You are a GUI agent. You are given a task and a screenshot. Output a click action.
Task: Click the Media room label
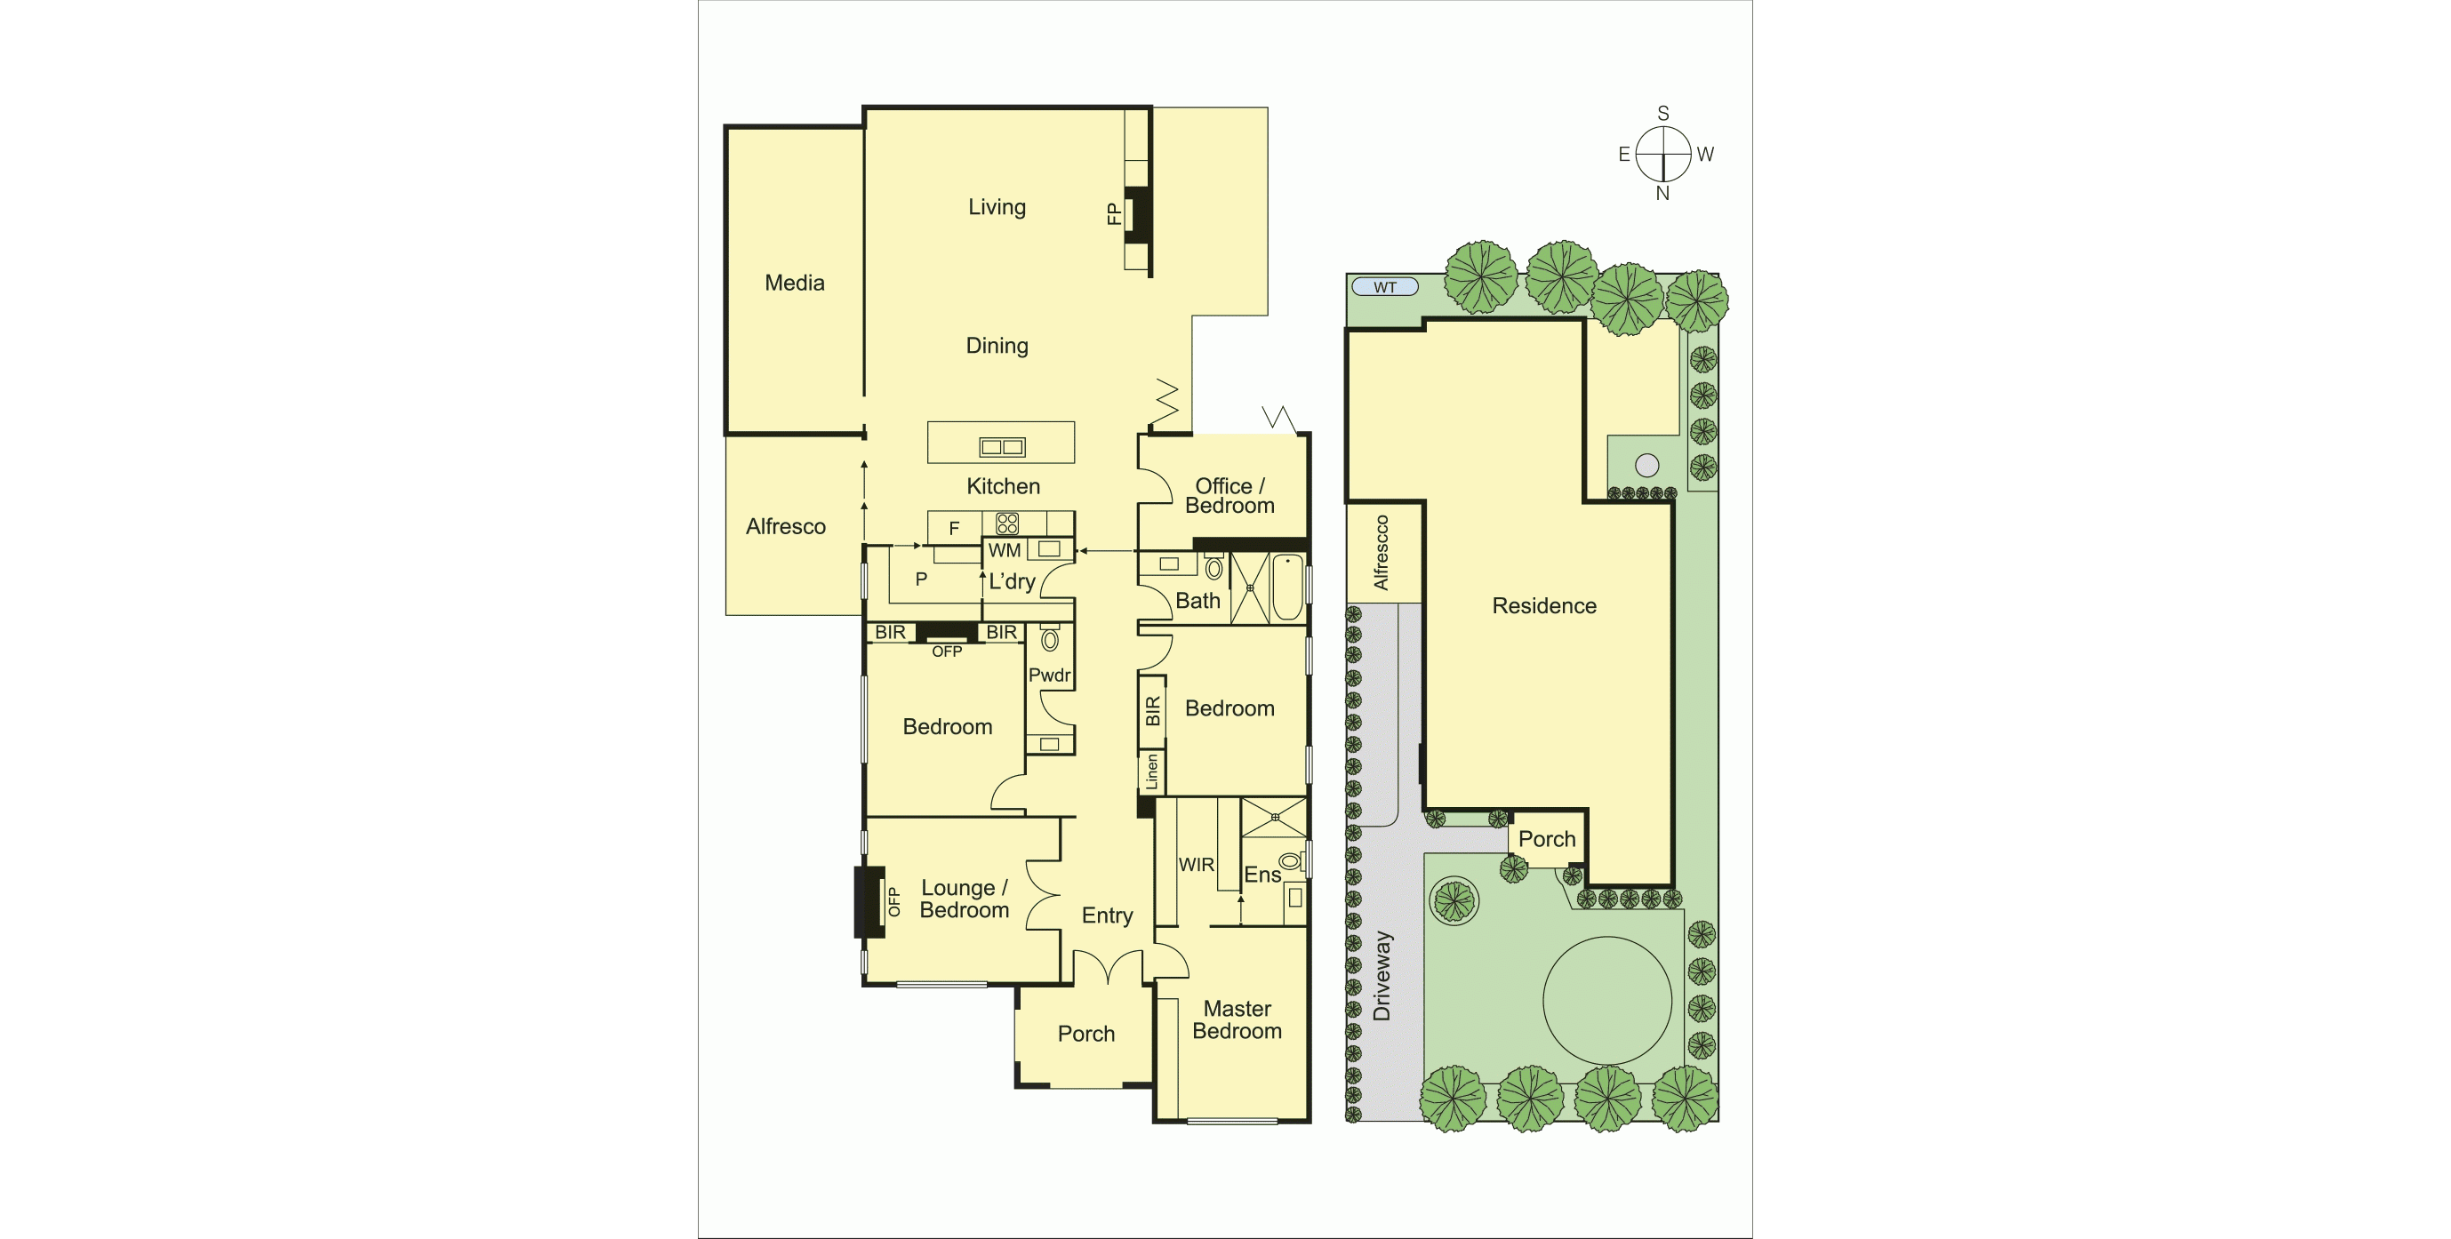(795, 283)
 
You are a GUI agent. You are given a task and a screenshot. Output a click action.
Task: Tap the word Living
(997, 206)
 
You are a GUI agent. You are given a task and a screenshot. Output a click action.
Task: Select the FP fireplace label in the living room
(1113, 213)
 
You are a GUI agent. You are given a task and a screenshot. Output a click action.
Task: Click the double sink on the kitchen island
(1002, 446)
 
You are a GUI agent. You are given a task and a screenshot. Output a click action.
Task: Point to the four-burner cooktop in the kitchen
(1006, 523)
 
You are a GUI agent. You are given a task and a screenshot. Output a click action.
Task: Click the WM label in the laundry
(1004, 550)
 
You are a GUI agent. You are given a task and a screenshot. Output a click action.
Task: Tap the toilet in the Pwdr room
(1050, 639)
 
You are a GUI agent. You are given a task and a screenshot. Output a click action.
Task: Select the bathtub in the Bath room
(1286, 588)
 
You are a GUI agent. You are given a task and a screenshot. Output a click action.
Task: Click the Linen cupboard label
(1151, 771)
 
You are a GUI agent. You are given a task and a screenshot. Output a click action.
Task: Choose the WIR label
(1196, 864)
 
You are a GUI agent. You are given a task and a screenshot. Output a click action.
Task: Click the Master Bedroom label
(1237, 1019)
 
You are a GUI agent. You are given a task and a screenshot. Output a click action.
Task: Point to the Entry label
(1107, 915)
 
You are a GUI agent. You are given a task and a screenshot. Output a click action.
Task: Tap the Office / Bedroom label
(1230, 496)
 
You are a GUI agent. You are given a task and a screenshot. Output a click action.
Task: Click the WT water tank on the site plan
(1384, 286)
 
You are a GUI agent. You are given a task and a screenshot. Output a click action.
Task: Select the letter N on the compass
(1662, 193)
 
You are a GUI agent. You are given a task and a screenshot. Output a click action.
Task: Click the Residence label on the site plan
(1543, 605)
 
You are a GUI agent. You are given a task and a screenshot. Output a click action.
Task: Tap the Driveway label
(1382, 975)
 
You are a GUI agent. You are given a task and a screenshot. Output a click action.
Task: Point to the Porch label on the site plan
(1546, 838)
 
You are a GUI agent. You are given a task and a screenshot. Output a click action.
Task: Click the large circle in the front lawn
(1606, 1000)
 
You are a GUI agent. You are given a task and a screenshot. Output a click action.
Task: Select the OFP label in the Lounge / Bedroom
(893, 901)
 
